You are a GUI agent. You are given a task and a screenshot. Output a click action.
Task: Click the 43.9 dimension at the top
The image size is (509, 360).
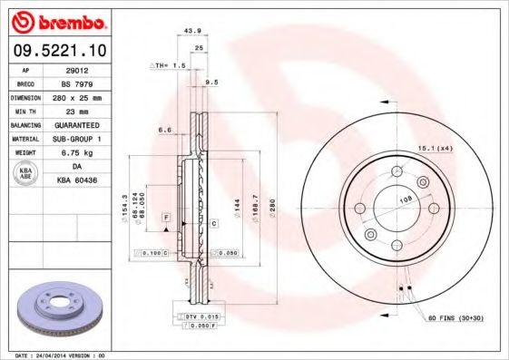192,31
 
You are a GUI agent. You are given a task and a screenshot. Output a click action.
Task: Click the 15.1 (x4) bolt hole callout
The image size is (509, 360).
435,147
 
